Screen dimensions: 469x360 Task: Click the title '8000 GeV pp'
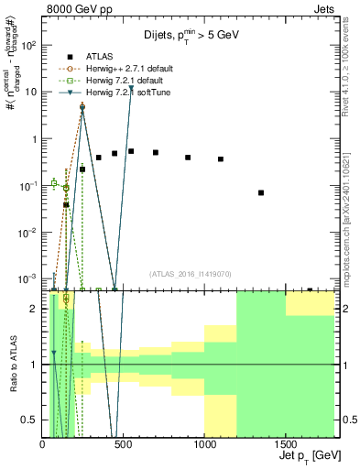pos(80,12)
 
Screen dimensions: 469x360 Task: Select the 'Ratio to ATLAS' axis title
pos(13,364)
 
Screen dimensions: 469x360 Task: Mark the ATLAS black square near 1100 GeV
pos(221,159)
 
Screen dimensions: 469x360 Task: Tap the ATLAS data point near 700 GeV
pos(156,152)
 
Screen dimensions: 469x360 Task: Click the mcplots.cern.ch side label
pos(351,220)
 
